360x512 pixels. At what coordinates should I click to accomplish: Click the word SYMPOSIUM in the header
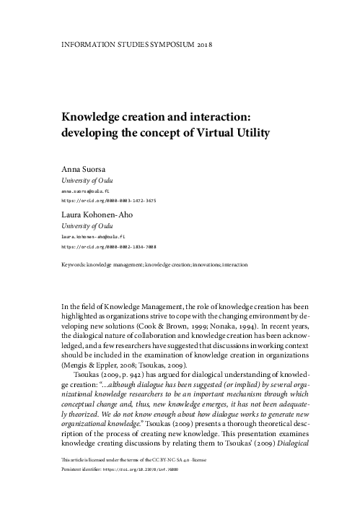[167, 43]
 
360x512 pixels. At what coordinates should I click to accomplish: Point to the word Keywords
[73, 265]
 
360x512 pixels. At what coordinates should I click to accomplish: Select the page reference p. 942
[127, 376]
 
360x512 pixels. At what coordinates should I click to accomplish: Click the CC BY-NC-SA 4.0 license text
[164, 480]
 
